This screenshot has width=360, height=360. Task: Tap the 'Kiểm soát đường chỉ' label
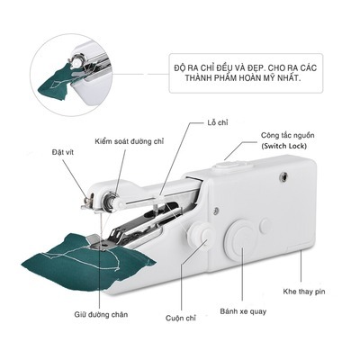tap(130, 141)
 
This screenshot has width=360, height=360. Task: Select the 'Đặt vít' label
tap(62, 152)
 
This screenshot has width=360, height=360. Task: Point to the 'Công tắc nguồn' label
tap(288, 135)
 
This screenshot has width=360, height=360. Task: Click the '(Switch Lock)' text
tap(283, 146)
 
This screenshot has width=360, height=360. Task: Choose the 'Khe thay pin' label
tap(304, 292)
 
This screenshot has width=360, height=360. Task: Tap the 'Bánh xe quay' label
tap(243, 311)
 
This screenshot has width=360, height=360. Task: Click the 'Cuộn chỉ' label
tap(181, 318)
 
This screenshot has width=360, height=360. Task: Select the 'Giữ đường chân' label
tap(101, 315)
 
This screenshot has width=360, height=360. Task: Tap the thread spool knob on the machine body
tap(199, 234)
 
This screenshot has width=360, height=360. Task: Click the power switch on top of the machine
tap(230, 165)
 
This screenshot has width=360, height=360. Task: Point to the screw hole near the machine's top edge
tap(283, 176)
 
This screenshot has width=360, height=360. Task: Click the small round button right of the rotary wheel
tap(265, 226)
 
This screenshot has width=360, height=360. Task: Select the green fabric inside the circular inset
tap(58, 81)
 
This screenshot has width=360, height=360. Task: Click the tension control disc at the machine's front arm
tap(111, 200)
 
